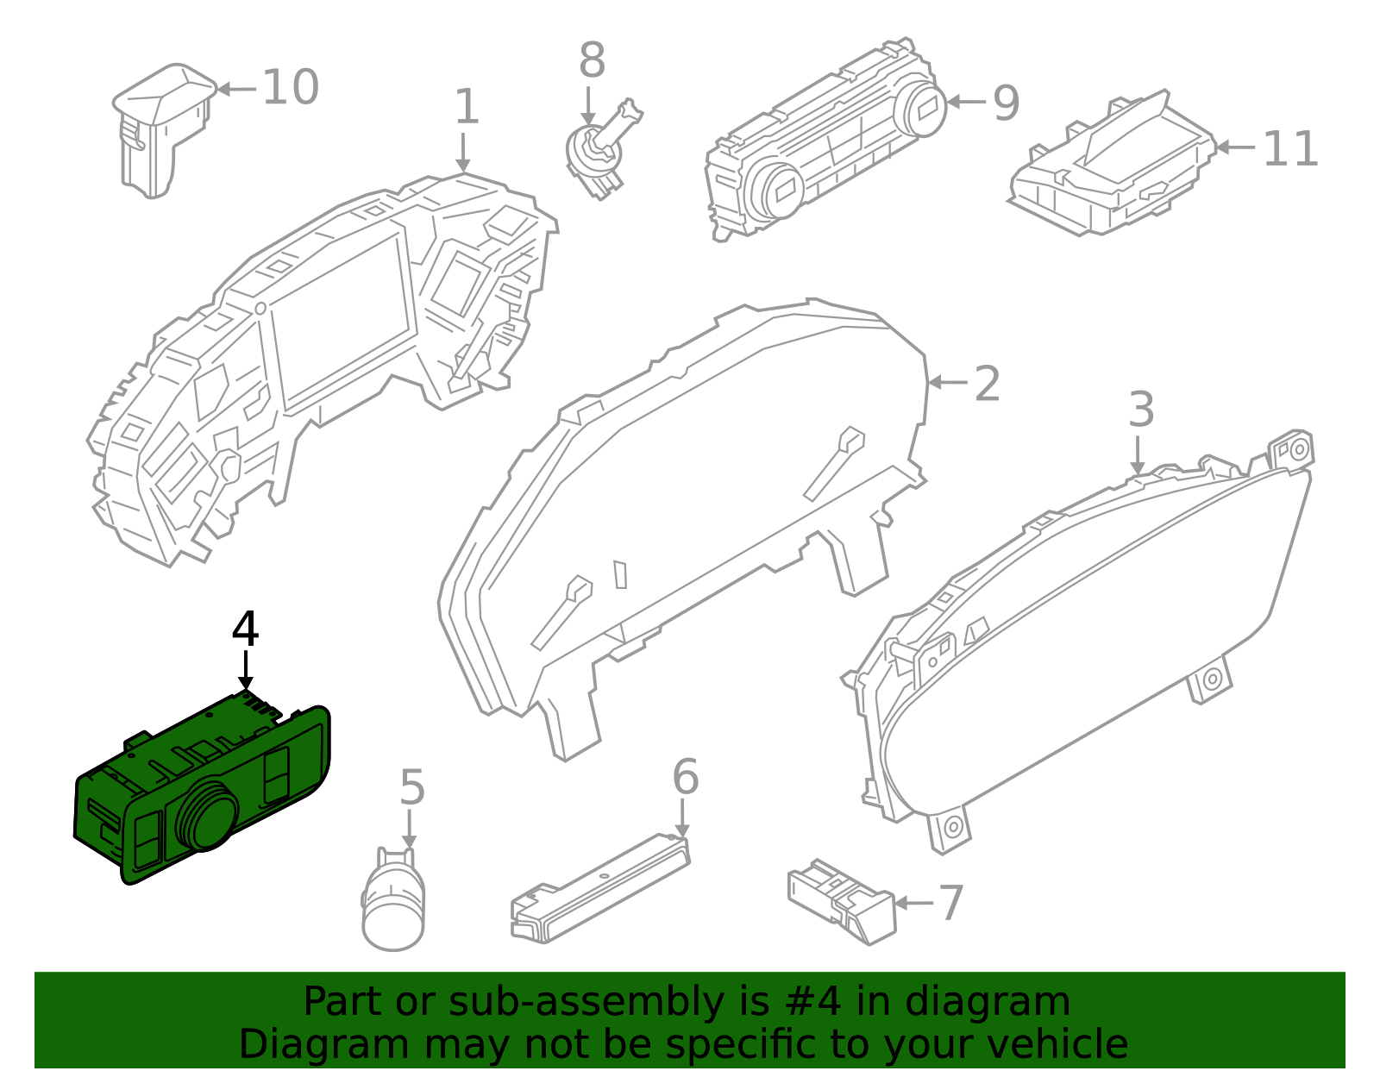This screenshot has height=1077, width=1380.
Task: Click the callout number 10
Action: coord(290,88)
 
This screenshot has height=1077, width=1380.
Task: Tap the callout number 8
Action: coord(592,61)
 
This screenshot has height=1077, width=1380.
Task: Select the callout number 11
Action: coord(1290,150)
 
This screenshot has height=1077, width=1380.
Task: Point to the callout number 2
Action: coord(987,384)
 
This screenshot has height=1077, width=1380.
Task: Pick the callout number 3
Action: coord(1140,410)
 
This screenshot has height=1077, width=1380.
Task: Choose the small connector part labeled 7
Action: coord(841,901)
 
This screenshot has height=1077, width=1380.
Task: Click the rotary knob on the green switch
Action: coord(207,815)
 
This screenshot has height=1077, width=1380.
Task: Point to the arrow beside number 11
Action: coord(1235,147)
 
